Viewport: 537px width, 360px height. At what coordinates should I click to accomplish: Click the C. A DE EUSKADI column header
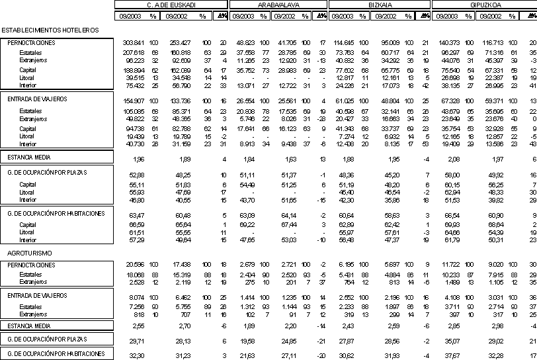coord(172,4)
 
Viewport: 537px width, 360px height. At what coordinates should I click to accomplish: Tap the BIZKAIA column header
coord(378,4)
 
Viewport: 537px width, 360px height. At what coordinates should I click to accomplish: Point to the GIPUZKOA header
coord(484,4)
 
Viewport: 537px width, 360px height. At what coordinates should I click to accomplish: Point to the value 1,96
coord(138,159)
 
